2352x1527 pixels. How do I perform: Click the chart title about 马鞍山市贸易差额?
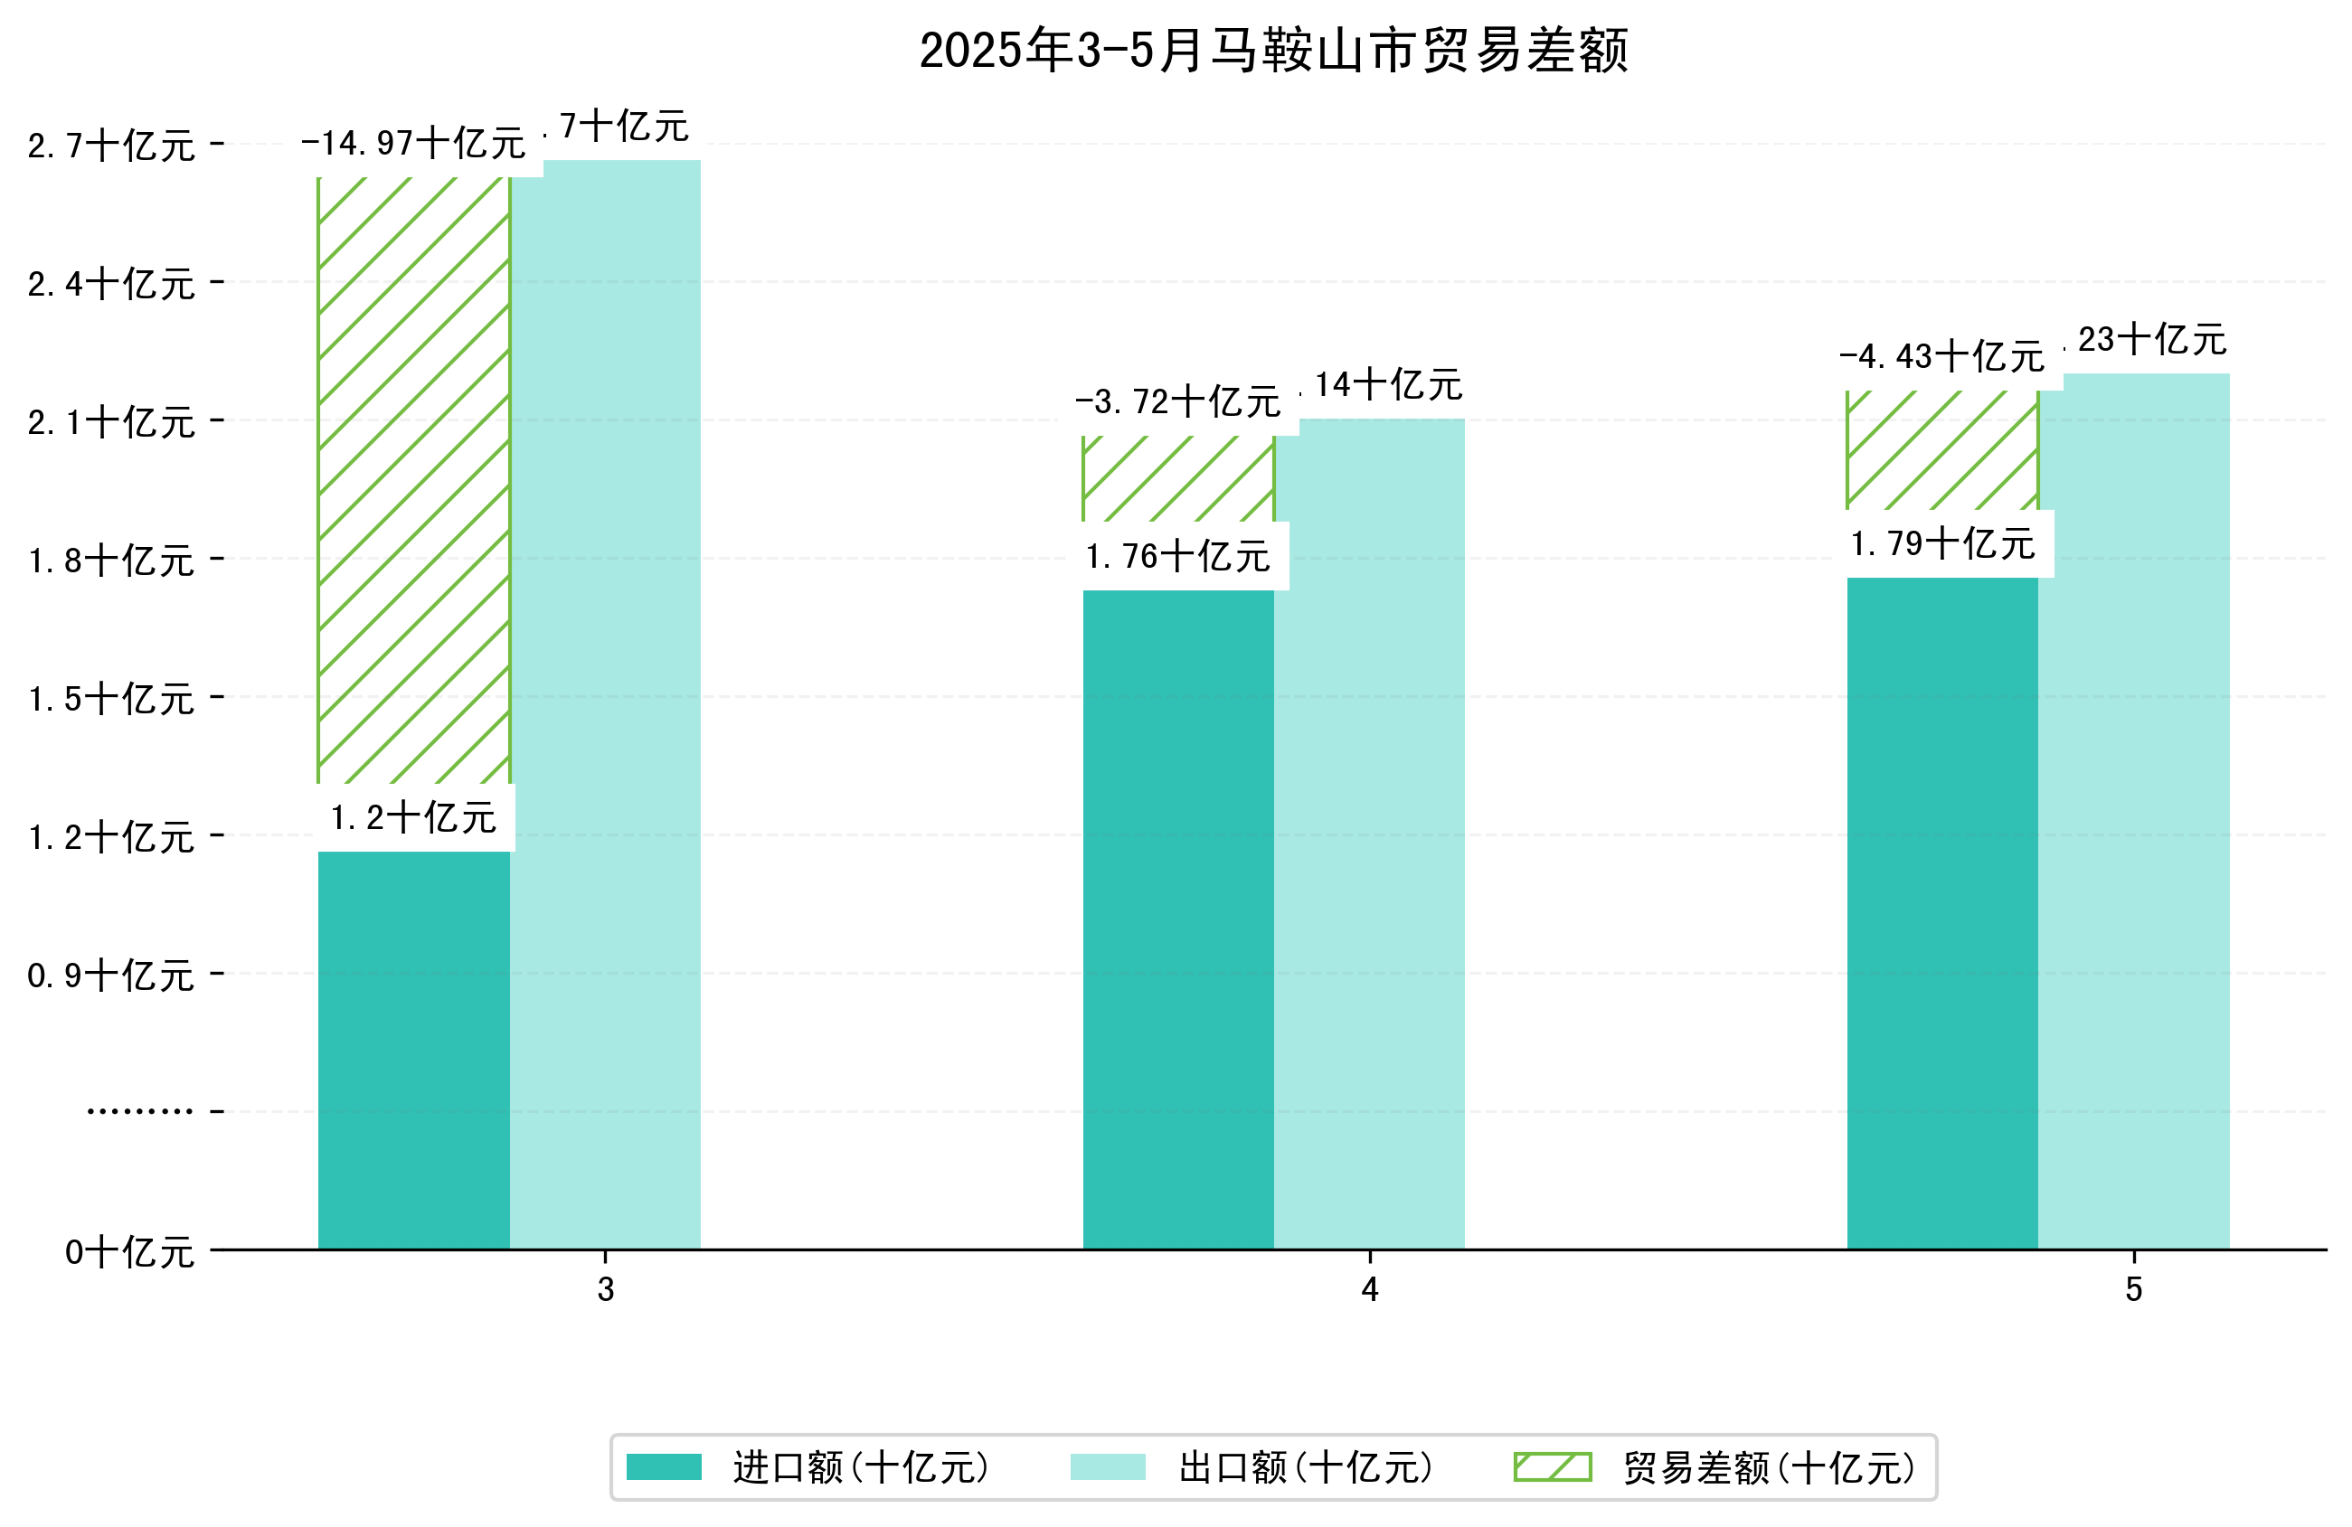click(1273, 52)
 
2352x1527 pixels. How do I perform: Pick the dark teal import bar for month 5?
click(1941, 911)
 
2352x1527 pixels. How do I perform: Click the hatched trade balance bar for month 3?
click(413, 479)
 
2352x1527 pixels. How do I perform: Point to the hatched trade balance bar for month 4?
click(1178, 478)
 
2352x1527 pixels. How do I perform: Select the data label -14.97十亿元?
click(413, 145)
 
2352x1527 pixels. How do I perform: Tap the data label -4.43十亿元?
click(1941, 357)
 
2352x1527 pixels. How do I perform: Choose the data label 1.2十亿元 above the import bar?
click(413, 818)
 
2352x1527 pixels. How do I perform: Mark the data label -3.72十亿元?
click(1178, 402)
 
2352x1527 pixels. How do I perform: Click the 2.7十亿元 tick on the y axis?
click(111, 146)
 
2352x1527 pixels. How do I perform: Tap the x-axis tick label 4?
click(1369, 1290)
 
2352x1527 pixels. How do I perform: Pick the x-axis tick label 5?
click(2133, 1290)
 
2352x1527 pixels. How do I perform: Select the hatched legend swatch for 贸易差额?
click(1553, 1466)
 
